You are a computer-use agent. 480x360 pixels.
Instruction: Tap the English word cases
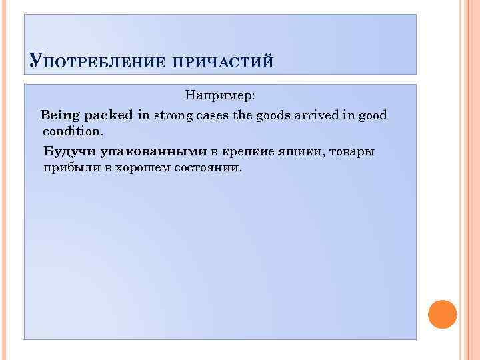point(215,115)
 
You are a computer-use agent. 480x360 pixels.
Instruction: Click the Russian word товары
point(354,151)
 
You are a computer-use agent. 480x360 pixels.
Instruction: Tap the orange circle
point(442,314)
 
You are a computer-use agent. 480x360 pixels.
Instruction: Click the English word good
point(371,115)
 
